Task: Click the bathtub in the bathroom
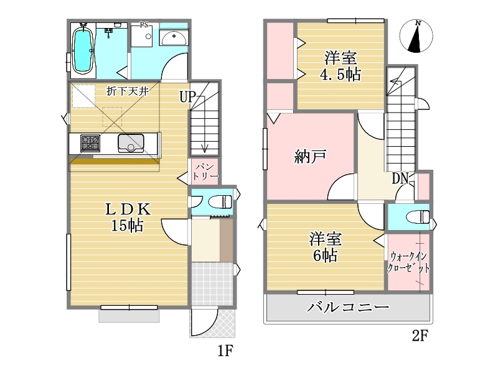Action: pos(83,50)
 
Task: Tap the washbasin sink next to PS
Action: pos(174,38)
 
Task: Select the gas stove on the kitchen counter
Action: pos(90,143)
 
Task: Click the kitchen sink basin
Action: pos(131,143)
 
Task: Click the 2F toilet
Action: pos(418,217)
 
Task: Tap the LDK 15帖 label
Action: pos(128,217)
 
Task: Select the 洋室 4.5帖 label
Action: pos(340,67)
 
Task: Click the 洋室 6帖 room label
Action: pos(326,247)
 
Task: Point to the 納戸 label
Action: pos(309,157)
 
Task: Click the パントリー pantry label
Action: pos(205,172)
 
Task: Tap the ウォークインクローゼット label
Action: pos(408,262)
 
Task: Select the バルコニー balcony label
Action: pos(348,307)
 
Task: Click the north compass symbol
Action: pos(416,36)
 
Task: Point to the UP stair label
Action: pos(187,97)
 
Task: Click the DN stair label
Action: pos(400,178)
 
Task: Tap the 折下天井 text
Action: pos(128,91)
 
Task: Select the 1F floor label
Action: pos(225,351)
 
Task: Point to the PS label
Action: pos(144,24)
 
